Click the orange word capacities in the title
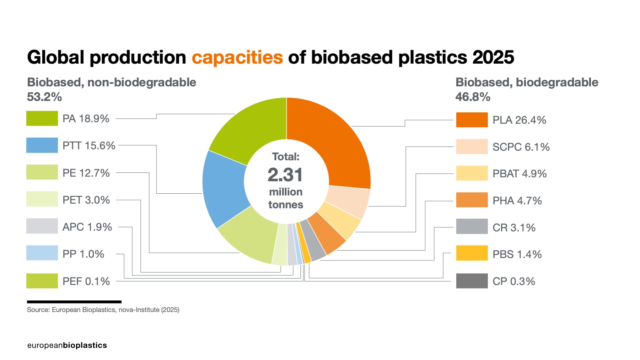click(x=237, y=58)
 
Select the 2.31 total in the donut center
click(x=285, y=175)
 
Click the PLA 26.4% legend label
click(x=519, y=120)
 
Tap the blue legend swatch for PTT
click(x=42, y=145)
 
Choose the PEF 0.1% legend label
click(x=86, y=281)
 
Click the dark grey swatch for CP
click(x=472, y=281)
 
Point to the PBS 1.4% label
click(x=517, y=254)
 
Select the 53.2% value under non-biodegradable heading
click(x=44, y=97)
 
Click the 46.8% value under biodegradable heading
click(x=473, y=97)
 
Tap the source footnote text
click(x=103, y=310)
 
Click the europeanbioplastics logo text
click(x=67, y=345)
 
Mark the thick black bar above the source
click(x=74, y=302)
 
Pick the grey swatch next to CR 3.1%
click(x=472, y=227)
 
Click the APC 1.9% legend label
click(x=87, y=227)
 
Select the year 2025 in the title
click(x=493, y=58)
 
